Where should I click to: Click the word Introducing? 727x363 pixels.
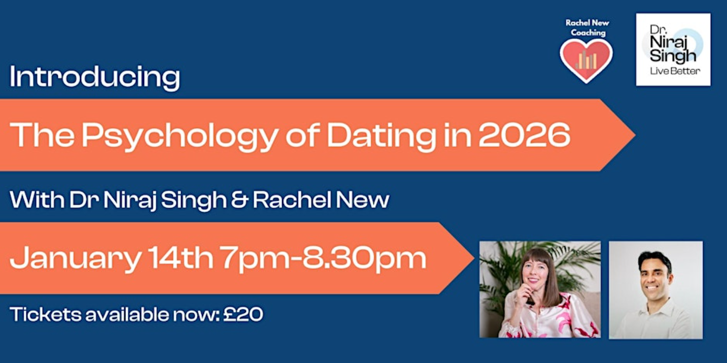click(95, 77)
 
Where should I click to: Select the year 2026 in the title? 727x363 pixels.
click(524, 135)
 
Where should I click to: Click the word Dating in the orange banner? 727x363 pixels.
click(382, 137)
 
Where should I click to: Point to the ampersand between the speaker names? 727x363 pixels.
click(240, 200)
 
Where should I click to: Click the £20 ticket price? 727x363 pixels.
click(243, 314)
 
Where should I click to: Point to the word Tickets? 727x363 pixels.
click(46, 314)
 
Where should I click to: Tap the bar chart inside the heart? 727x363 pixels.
click(586, 60)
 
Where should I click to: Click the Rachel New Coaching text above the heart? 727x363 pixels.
click(587, 27)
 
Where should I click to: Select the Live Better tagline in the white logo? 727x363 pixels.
click(675, 71)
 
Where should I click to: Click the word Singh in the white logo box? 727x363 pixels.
click(673, 56)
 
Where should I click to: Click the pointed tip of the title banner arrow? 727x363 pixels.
click(635, 135)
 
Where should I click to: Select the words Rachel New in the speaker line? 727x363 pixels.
click(321, 200)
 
